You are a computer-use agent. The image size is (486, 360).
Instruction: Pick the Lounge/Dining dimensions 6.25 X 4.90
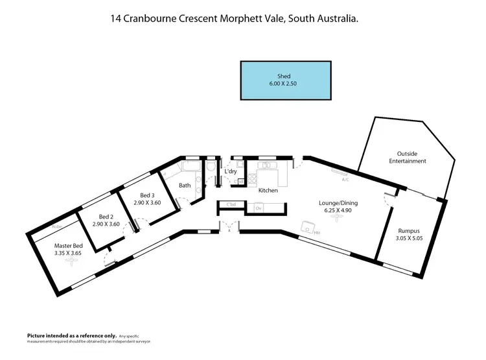[x=338, y=211]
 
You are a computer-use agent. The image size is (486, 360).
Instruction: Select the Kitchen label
[x=268, y=191]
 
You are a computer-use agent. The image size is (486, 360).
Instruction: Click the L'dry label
[x=230, y=172]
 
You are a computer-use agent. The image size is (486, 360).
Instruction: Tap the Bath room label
[x=185, y=186]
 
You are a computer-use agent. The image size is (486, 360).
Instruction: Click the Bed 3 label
[x=147, y=195]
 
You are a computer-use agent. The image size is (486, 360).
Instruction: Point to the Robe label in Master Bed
[x=56, y=227]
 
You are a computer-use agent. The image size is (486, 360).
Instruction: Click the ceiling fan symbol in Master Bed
[x=66, y=265]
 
